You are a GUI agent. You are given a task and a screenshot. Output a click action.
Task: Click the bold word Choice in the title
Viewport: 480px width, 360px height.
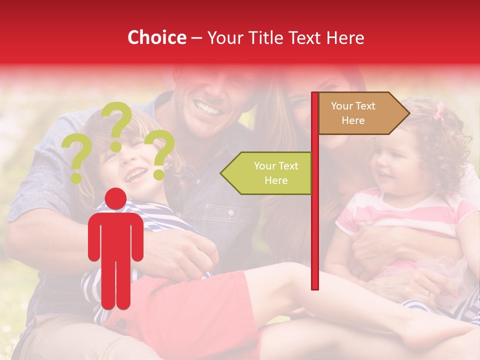click(x=156, y=37)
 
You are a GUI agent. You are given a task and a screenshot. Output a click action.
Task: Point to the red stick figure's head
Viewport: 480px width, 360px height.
click(x=116, y=198)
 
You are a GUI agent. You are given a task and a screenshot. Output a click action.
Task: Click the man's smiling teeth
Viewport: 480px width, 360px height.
click(x=207, y=106)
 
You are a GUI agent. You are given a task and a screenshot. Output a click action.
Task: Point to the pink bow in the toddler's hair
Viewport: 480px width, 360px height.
click(x=439, y=112)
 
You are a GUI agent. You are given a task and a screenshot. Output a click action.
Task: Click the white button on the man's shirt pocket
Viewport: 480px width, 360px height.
click(x=231, y=213)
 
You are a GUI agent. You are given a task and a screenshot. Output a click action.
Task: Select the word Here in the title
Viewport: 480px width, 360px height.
click(x=345, y=37)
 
